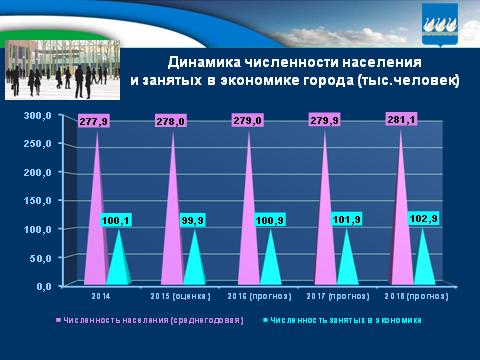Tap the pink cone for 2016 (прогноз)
tap(250, 230)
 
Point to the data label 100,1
tap(119, 219)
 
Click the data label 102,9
tap(424, 217)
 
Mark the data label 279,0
tap(251, 121)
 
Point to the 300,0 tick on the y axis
tap(37, 116)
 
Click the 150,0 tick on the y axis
tap(37, 201)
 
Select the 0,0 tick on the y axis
tap(41, 286)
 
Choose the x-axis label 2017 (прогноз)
tap(338, 297)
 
